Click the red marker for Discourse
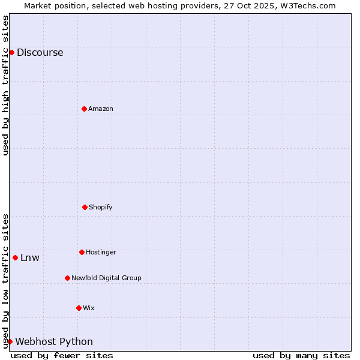pos(11,52)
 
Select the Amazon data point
pos(84,109)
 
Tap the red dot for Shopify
pos(85,207)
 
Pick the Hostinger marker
pos(82,252)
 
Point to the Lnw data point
pos(15,257)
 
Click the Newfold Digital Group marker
pos(67,278)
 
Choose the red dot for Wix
pos(79,308)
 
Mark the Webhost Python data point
pos(10,341)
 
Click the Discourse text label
pos(40,52)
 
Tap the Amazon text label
pos(101,109)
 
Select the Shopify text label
pos(101,207)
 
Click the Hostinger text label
pos(101,252)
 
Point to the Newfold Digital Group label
pos(106,278)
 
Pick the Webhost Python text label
pos(54,341)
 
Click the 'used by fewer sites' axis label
pos(62,355)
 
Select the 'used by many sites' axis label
pos(301,355)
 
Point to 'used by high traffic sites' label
pos(5,85)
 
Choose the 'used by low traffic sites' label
pos(5,281)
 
